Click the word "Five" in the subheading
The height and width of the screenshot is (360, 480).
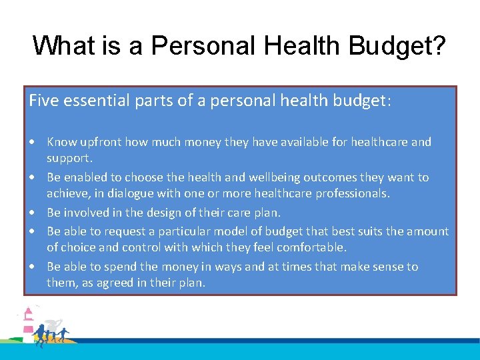tap(41, 101)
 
